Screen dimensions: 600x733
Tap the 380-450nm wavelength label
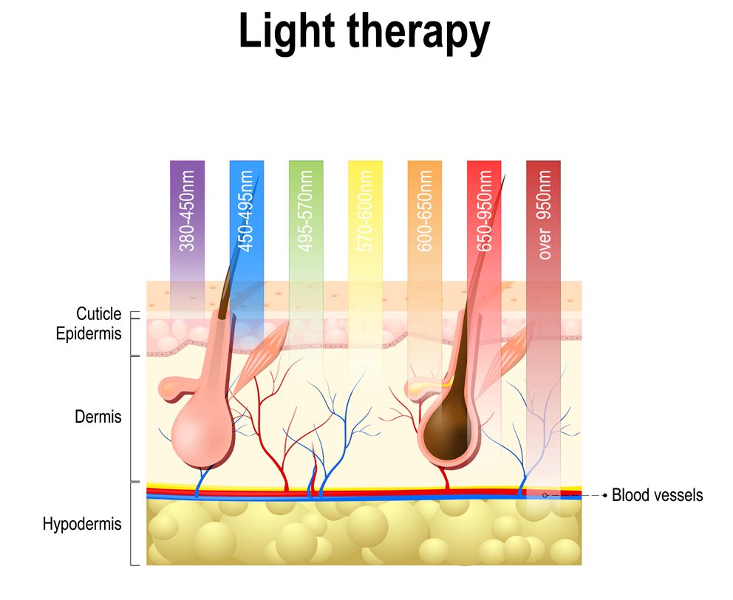188,211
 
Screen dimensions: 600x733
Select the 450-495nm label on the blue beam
247,211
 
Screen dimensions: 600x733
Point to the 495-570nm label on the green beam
307,211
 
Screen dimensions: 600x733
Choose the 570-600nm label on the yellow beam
365,211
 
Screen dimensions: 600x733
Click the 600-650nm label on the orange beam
425,211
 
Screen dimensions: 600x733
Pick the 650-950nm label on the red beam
485,211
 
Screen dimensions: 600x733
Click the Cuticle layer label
98,315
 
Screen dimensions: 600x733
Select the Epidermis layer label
89,333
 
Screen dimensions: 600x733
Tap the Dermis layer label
98,417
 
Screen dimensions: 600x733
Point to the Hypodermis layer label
82,525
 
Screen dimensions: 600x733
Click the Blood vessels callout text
658,495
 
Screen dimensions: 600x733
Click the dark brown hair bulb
450,429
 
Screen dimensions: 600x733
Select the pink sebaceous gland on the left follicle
175,386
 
